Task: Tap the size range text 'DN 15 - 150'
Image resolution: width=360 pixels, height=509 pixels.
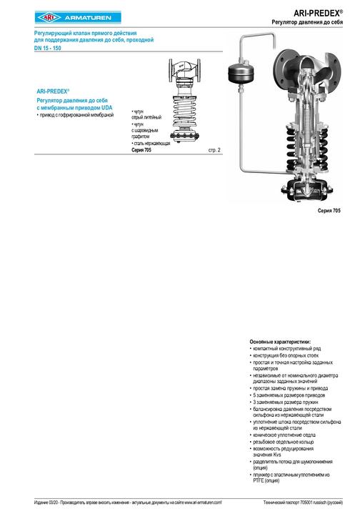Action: tap(49, 47)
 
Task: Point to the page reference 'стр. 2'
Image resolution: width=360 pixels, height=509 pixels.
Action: tap(214, 150)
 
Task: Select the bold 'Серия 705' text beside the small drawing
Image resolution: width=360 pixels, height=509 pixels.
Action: tap(142, 150)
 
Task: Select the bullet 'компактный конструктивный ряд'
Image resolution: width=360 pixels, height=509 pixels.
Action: tap(286, 348)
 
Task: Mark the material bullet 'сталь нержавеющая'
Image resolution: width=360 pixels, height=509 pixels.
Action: tap(151, 144)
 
